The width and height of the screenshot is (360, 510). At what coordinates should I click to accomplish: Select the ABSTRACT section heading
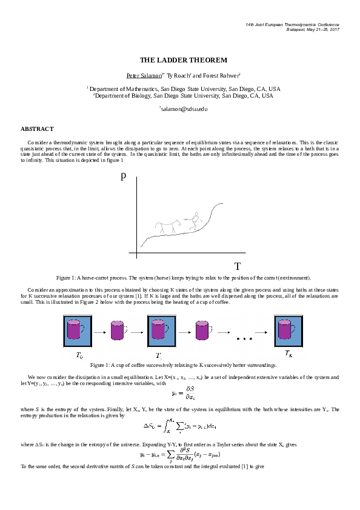[x=38, y=129]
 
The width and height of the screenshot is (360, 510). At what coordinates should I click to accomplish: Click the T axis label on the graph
[x=238, y=266]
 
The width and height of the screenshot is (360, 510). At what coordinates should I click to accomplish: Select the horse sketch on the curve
[x=165, y=227]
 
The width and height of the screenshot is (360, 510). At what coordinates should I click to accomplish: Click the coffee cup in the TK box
[x=286, y=330]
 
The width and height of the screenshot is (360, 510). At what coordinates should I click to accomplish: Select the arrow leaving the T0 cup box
[x=100, y=331]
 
